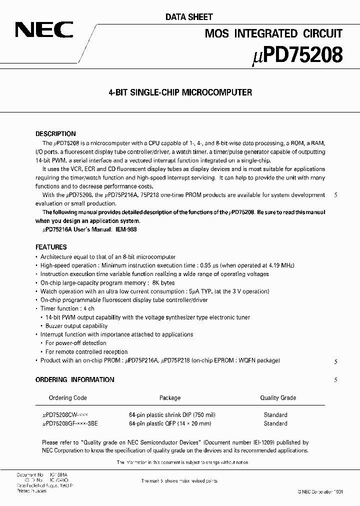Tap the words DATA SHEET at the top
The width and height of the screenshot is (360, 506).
189,17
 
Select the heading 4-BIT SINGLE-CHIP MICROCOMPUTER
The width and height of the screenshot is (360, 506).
180,92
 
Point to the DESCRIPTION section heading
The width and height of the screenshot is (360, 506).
55,134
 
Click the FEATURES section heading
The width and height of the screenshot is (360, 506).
51,247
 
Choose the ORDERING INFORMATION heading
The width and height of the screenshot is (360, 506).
74,379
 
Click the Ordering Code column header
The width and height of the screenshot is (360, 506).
67,398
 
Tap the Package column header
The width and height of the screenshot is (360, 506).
170,398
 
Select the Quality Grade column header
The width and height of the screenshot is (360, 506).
277,398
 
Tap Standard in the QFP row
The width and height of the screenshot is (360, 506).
275,423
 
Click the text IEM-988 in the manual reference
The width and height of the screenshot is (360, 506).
125,229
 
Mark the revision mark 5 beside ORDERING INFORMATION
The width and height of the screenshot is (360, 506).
336,380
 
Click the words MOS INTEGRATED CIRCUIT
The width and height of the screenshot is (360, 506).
274,33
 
